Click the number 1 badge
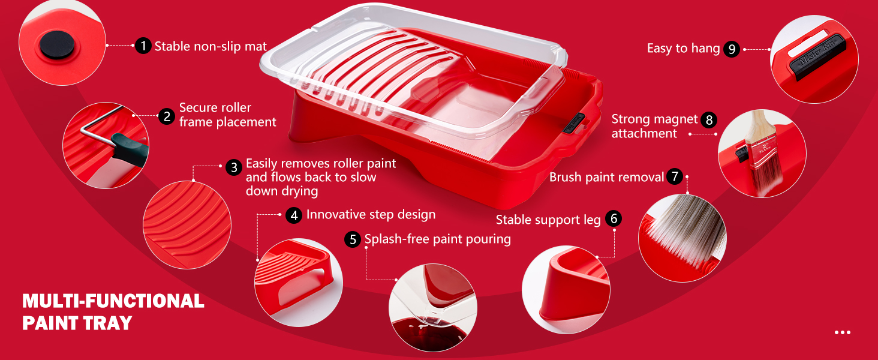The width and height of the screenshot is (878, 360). [143, 46]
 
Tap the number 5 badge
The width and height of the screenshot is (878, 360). [353, 239]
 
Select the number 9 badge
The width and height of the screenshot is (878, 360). [731, 49]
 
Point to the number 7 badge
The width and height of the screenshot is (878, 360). [675, 176]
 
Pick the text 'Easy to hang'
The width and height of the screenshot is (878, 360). [683, 49]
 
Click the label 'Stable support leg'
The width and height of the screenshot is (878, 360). [548, 220]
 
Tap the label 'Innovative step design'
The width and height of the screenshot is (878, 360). [371, 215]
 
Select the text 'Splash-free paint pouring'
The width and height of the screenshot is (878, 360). [438, 239]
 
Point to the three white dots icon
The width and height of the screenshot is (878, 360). [842, 332]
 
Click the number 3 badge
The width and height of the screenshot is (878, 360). [234, 167]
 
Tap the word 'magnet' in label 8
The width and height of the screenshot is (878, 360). [675, 119]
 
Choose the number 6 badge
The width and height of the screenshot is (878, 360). [613, 218]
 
